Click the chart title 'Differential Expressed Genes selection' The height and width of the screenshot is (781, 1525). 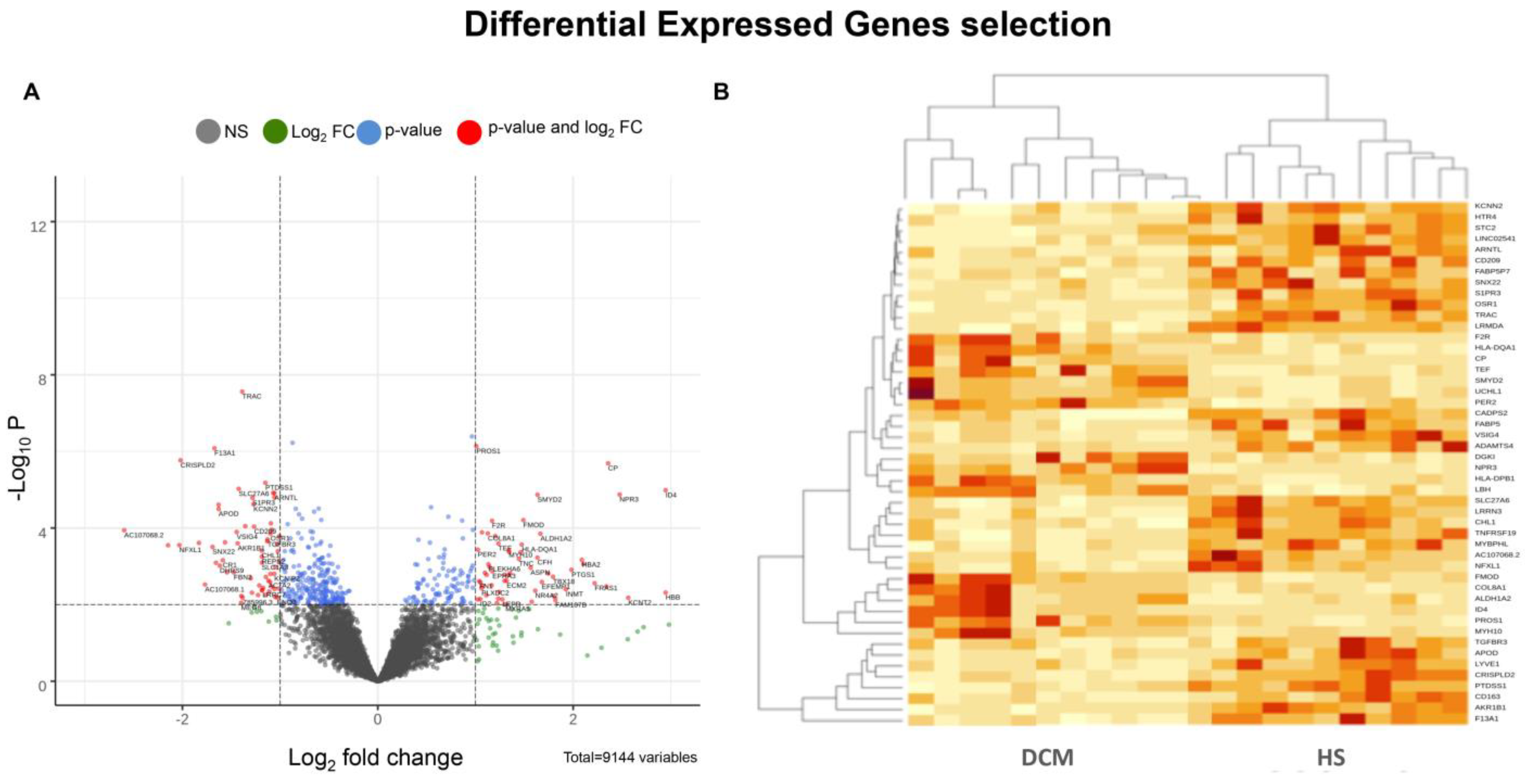pyautogui.click(x=787, y=25)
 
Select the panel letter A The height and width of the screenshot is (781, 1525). pyautogui.click(x=31, y=92)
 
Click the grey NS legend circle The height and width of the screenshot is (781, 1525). pyautogui.click(x=208, y=131)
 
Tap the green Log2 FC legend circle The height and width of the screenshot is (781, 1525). pyautogui.click(x=275, y=131)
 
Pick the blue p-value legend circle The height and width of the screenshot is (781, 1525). pyautogui.click(x=368, y=131)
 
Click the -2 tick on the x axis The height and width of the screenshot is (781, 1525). pyautogui.click(x=182, y=720)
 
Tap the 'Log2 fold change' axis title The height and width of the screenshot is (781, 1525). pyautogui.click(x=375, y=758)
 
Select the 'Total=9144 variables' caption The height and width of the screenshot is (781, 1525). pyautogui.click(x=630, y=758)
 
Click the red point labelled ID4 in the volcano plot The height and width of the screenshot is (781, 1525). pyautogui.click(x=665, y=490)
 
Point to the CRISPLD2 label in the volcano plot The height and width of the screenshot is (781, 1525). pyautogui.click(x=198, y=465)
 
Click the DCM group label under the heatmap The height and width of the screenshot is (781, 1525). pyautogui.click(x=1047, y=758)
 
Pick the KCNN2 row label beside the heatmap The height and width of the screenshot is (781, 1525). pyautogui.click(x=1488, y=206)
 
